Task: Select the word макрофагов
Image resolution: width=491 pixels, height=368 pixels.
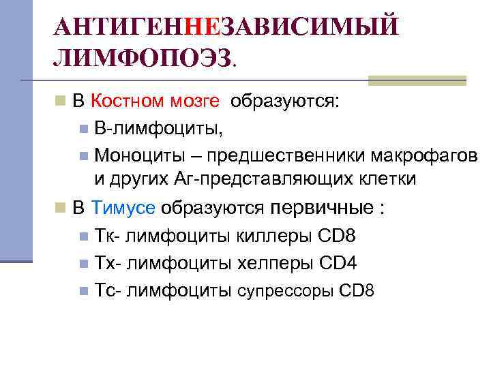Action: (424, 155)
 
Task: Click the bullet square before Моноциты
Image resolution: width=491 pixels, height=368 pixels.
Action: (83, 155)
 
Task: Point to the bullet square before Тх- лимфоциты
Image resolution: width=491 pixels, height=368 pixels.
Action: (83, 264)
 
